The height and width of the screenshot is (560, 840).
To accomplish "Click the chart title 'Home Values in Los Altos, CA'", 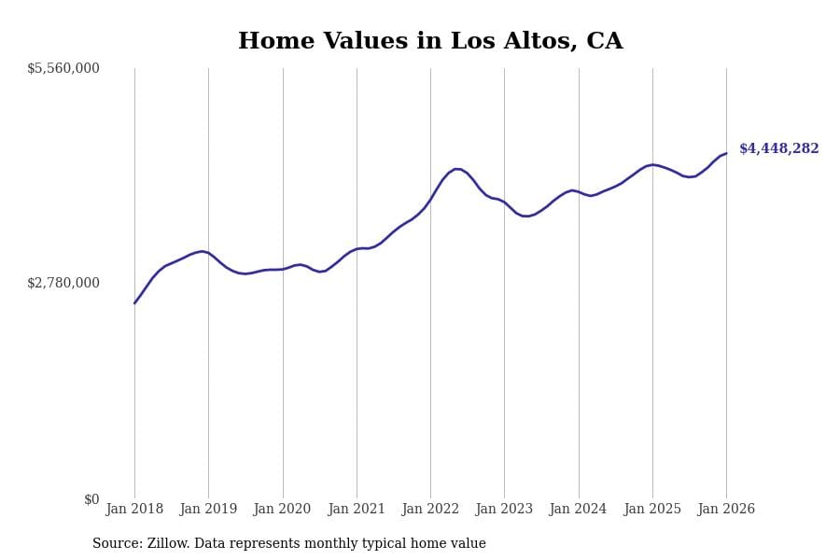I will (430, 41).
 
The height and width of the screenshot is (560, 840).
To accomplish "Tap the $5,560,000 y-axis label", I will (63, 68).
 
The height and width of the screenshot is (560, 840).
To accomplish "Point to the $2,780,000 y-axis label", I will (63, 283).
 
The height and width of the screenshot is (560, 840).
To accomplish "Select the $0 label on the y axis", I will (91, 499).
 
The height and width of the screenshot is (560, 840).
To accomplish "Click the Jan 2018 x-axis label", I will (134, 510).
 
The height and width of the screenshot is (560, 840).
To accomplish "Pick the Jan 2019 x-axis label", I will (208, 510).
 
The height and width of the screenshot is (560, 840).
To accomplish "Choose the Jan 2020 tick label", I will (282, 510).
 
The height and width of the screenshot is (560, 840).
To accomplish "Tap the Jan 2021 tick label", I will (357, 510).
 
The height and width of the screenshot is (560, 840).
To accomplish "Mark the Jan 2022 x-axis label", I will (430, 510).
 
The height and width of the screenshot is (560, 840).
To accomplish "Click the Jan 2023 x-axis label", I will (504, 510).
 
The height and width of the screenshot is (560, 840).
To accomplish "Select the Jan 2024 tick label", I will (578, 510).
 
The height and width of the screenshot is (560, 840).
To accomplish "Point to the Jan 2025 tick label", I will (652, 510).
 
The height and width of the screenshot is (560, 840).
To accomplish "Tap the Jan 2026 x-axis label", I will (726, 510).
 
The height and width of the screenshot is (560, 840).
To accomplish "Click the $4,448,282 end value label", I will (778, 149).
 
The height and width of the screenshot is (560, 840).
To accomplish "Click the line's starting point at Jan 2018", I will (134, 302).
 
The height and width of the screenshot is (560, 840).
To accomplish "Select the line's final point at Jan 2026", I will (726, 153).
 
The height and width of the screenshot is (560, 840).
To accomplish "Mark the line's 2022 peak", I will (456, 169).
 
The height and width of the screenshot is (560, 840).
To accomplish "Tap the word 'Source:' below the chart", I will (117, 544).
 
